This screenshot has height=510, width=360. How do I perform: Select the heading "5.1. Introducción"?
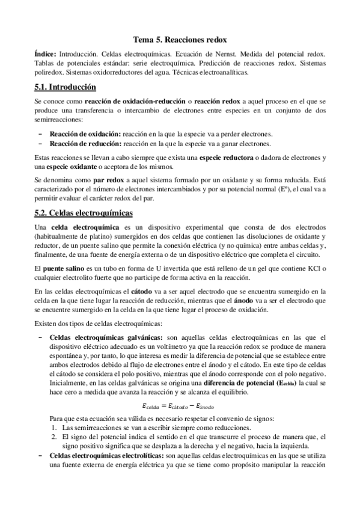[66, 87]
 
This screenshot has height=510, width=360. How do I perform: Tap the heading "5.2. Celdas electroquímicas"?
[84, 214]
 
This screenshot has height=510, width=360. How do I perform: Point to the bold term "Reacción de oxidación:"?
[85, 134]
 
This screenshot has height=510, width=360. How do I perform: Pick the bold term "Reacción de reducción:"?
[85, 143]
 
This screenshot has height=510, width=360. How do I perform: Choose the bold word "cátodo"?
[141, 290]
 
